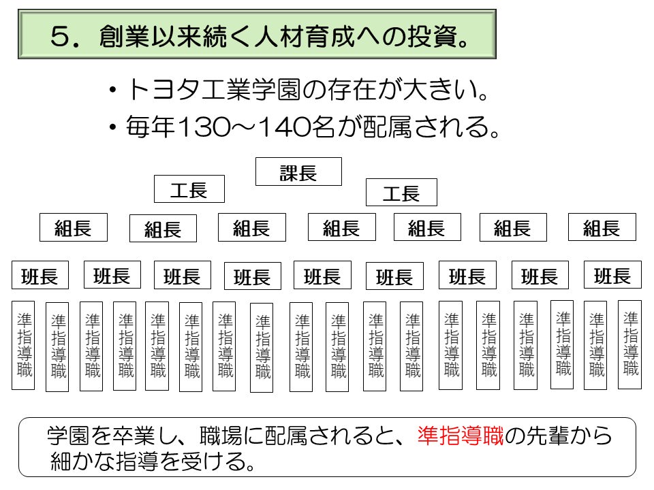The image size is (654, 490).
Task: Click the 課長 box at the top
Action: point(298,172)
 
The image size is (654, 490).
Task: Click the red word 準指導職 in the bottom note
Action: point(460,435)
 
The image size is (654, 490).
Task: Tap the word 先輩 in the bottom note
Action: point(542,435)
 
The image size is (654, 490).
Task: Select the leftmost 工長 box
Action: point(189,189)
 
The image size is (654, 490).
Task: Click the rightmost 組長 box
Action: point(602,227)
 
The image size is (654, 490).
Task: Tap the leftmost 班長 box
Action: point(40,277)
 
